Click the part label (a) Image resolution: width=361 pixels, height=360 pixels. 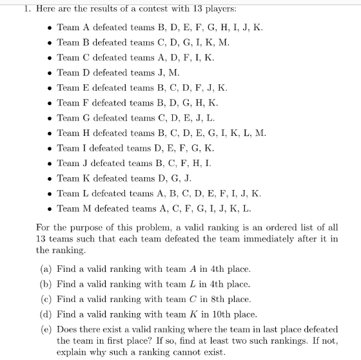[46, 269]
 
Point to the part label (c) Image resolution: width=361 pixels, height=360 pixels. [46, 299]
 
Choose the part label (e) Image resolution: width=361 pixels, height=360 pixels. [46, 329]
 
